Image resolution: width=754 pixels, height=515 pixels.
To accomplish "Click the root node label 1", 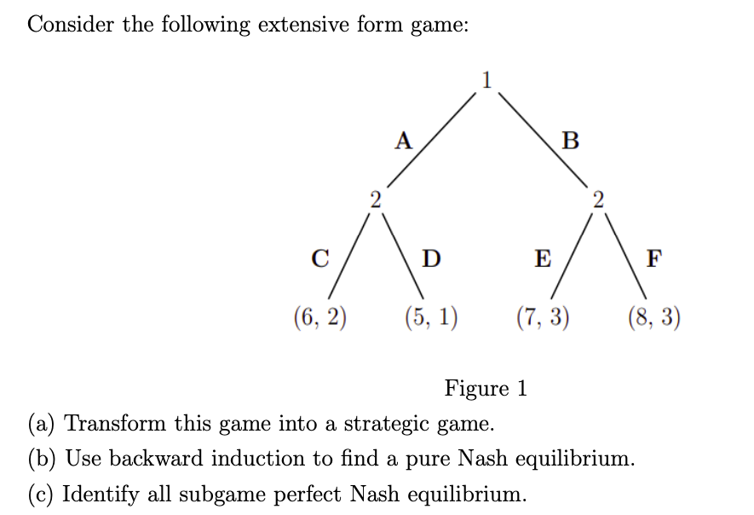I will [486, 81].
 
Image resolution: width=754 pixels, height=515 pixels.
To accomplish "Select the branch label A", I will [403, 139].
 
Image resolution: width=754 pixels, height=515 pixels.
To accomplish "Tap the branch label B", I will [570, 140].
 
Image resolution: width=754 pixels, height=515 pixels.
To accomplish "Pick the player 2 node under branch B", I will [598, 200].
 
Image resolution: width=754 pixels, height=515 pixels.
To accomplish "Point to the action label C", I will [320, 258].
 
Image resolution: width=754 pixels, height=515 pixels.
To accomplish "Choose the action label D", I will [432, 258].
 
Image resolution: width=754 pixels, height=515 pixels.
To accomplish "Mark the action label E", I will [541, 258].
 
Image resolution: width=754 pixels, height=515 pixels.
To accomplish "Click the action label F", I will [653, 258].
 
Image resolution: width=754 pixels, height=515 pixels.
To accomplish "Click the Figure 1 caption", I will [486, 389].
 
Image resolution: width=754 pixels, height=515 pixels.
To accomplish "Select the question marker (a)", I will [43, 424].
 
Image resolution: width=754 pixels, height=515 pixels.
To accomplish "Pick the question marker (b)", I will [43, 459].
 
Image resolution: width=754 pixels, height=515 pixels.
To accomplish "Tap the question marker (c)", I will [43, 494].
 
